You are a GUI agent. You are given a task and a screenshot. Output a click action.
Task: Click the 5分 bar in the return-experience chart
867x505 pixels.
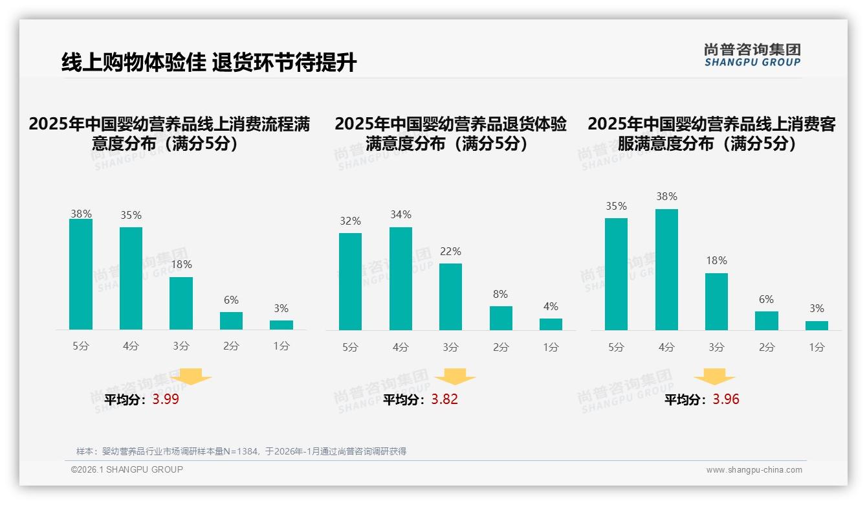(350, 282)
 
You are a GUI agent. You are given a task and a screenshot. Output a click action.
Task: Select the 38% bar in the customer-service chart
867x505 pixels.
(666, 269)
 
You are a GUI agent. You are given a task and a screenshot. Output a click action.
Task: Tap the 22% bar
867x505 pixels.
(450, 297)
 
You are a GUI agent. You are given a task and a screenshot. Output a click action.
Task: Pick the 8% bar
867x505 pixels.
(501, 318)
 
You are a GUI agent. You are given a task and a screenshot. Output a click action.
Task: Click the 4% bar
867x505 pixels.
(551, 324)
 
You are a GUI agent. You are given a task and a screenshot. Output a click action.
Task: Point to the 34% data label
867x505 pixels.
(401, 215)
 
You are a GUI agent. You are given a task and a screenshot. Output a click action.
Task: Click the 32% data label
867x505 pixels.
(350, 221)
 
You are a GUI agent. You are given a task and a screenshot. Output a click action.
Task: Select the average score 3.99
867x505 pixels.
(166, 399)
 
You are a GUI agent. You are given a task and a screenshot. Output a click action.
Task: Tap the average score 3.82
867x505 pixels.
(444, 399)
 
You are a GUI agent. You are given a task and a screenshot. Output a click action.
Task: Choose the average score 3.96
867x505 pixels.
(726, 399)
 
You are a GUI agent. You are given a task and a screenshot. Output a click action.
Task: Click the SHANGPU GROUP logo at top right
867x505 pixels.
(752, 55)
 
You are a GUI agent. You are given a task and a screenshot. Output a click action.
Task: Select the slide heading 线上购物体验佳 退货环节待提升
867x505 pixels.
(209, 63)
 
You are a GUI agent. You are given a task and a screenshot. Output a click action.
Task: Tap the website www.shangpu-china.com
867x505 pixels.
(754, 470)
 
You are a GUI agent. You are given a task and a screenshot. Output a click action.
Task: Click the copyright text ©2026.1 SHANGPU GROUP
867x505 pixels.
(127, 469)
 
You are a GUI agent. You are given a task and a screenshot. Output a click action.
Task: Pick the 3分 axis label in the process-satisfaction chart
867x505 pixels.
(181, 346)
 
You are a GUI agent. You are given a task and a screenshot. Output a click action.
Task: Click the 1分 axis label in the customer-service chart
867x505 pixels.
(817, 348)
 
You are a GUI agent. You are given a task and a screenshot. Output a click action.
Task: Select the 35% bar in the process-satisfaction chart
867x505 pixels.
(131, 278)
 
